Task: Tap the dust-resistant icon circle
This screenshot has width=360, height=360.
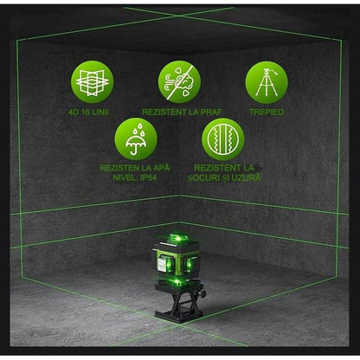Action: [179, 81]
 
